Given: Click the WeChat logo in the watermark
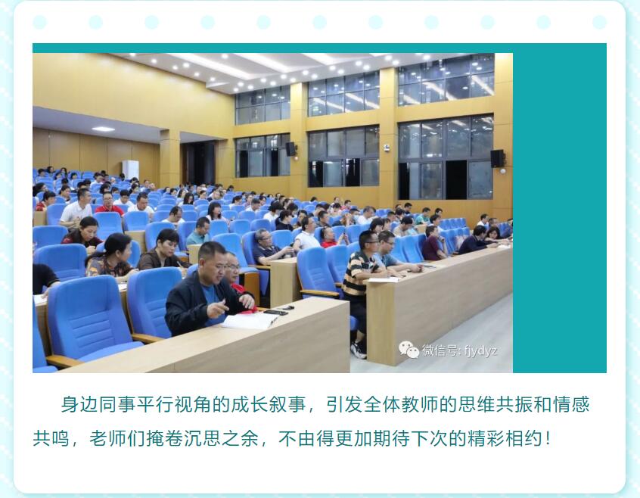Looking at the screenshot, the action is coord(409,350).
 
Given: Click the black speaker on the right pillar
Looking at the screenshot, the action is coord(497,158).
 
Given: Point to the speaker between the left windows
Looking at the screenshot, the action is coord(290,149).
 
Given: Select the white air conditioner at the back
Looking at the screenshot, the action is coord(131,170).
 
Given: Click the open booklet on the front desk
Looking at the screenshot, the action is coord(250,320).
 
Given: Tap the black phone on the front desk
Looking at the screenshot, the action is coord(275,313).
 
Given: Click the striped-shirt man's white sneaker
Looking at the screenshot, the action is coord(358,350).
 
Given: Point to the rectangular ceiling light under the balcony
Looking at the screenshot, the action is coord(103,129).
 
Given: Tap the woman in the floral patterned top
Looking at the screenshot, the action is coord(110,257).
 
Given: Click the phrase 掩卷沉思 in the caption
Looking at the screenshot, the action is coord(183,439).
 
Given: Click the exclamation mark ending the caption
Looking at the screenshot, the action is coord(548,439).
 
